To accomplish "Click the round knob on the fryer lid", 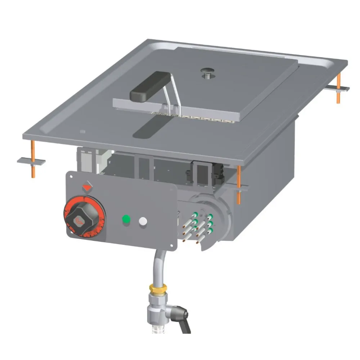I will (x=207, y=72).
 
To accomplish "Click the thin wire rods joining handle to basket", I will (x=169, y=95).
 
